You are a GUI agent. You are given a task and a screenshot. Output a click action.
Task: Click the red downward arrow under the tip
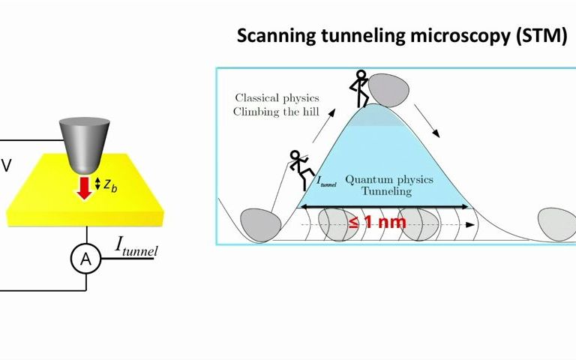(x=84, y=187)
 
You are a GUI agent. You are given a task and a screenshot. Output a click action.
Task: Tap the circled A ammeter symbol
(x=85, y=259)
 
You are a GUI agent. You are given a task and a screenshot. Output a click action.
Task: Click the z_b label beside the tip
(x=110, y=184)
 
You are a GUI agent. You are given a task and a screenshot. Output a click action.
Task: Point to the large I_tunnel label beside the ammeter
(x=136, y=245)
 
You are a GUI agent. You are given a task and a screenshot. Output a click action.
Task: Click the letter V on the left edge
(x=6, y=166)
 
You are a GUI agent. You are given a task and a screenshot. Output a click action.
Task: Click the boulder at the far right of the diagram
(x=557, y=223)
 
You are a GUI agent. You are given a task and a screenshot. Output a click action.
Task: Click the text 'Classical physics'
(x=277, y=98)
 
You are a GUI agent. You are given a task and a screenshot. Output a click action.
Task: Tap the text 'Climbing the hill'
(x=277, y=112)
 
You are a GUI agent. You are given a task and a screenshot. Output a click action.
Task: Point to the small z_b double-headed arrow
(x=98, y=184)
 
